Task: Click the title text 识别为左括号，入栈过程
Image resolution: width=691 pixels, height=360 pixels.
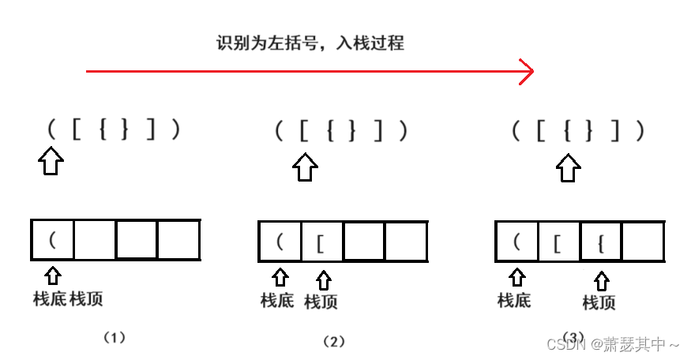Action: coord(310,43)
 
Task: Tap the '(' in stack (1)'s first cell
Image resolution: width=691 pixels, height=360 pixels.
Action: coord(52,239)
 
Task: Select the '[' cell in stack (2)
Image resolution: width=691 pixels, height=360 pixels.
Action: coord(321,242)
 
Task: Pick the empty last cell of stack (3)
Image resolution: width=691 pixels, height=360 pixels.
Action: coord(642,242)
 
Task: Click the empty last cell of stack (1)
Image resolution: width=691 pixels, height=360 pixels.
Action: coord(178,239)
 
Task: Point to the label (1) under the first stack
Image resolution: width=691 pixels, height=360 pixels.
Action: coord(115,337)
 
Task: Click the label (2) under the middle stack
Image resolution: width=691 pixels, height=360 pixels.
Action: coord(334,341)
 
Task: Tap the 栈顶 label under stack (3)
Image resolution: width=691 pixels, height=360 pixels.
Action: coord(599,302)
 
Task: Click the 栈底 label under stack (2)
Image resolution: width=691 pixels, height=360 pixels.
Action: coord(277,300)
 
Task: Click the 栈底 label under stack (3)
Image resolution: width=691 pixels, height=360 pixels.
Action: coord(514,300)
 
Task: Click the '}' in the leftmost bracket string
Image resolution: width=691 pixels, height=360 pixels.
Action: coord(124,129)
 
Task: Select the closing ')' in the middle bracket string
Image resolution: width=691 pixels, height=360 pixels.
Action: coord(404,129)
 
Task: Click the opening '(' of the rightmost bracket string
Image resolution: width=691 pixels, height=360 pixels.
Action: coord(515,129)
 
